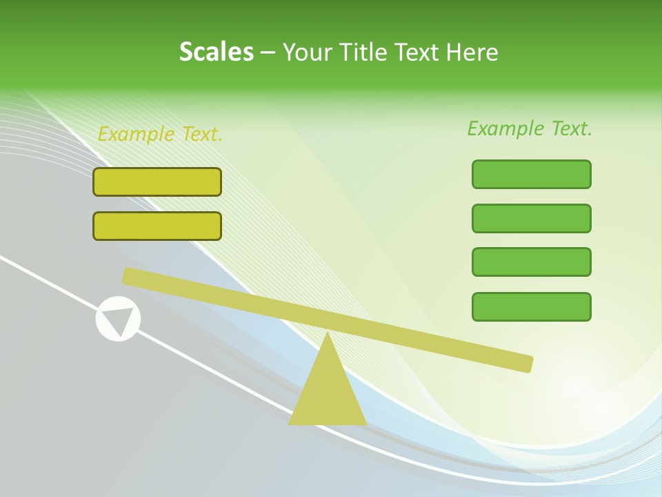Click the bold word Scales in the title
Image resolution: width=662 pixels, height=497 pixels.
click(216, 52)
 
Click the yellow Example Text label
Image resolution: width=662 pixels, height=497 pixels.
click(160, 134)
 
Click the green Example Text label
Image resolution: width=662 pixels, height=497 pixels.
click(530, 128)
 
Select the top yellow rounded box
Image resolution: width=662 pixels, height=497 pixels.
click(157, 182)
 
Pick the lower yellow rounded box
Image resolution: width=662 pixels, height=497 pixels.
click(157, 226)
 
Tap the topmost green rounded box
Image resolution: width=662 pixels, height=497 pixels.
click(531, 174)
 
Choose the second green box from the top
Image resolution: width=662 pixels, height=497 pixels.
click(531, 218)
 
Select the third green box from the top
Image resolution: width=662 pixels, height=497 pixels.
click(531, 262)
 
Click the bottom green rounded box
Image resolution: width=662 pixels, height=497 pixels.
click(531, 306)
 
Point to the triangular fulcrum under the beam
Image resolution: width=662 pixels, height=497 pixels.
click(327, 393)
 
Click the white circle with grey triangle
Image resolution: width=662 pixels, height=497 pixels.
click(118, 319)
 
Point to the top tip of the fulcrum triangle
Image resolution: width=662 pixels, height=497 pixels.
click(327, 334)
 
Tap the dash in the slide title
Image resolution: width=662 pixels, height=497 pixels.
click(268, 52)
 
